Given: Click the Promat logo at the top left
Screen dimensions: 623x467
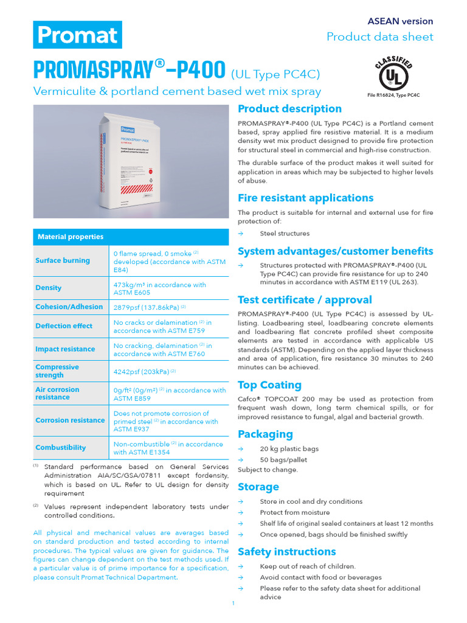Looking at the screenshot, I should pyautogui.click(x=77, y=35).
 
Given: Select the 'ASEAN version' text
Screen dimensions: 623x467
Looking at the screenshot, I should pyautogui.click(x=400, y=21).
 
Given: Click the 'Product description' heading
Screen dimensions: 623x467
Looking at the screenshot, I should pyautogui.click(x=289, y=109).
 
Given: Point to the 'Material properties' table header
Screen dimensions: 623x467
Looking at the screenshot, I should pyautogui.click(x=71, y=237).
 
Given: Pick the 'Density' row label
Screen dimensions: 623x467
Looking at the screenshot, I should pyautogui.click(x=49, y=288).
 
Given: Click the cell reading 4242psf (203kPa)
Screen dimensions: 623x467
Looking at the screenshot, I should pyautogui.click(x=144, y=371).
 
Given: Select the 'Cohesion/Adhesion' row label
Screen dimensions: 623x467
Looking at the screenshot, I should pyautogui.click(x=69, y=307).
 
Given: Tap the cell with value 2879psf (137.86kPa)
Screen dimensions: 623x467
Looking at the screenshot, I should pyautogui.click(x=149, y=307).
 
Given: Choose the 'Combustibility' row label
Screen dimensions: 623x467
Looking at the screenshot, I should pyautogui.click(x=61, y=447).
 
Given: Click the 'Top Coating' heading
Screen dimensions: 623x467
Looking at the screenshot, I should pyautogui.click(x=269, y=385).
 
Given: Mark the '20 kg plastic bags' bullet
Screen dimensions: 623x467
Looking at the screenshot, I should pyautogui.click(x=289, y=449).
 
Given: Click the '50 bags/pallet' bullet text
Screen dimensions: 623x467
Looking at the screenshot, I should pyautogui.click(x=283, y=460).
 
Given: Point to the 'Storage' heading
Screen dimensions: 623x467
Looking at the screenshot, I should pyautogui.click(x=258, y=487).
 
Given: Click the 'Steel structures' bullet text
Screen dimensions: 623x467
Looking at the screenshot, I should pyautogui.click(x=285, y=234).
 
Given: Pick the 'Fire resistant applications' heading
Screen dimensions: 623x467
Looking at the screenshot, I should pyautogui.click(x=305, y=198).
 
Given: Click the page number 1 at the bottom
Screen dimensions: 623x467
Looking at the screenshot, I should pyautogui.click(x=233, y=604).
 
